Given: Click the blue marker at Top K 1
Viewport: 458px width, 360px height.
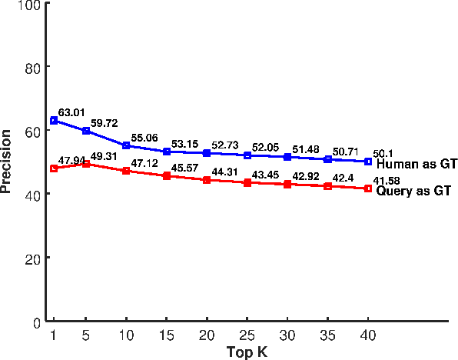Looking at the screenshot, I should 54,121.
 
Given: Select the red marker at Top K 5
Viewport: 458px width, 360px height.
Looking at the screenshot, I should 86,164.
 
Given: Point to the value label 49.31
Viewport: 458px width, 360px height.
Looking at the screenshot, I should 105,156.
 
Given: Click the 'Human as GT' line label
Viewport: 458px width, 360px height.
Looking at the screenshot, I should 417,164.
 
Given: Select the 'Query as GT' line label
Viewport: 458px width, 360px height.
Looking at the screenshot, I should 413,191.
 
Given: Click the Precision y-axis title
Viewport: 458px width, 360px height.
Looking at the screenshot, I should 8,162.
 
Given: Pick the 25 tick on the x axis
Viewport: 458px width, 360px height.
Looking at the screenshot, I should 247,335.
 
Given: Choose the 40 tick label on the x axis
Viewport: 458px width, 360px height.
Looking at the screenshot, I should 367,335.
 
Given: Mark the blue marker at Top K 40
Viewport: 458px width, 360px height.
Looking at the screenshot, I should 367,162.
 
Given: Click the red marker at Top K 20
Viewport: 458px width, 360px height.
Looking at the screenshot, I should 207,180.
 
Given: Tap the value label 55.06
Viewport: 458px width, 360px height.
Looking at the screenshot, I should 144,138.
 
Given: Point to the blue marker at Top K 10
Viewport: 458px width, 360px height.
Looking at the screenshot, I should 126,145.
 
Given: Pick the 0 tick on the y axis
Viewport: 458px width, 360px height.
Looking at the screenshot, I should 36,322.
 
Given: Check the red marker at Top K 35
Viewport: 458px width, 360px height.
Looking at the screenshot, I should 327,186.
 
